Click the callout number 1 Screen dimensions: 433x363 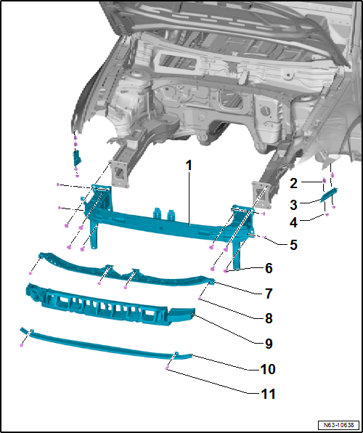pyautogui.click(x=188, y=166)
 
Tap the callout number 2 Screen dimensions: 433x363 pyautogui.click(x=293, y=182)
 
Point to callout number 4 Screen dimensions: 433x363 pyautogui.click(x=293, y=223)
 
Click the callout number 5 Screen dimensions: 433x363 pyautogui.click(x=293, y=246)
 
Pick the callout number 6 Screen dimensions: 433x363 pyautogui.click(x=269, y=268)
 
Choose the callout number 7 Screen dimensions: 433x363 pyautogui.click(x=269, y=294)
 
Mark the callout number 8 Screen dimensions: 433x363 pyautogui.click(x=269, y=317)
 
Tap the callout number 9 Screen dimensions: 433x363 pyautogui.click(x=269, y=343)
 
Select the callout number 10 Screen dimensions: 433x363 pyautogui.click(x=268, y=369)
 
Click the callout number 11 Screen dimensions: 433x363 pyautogui.click(x=268, y=394)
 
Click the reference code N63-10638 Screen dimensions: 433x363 pyautogui.click(x=338, y=424)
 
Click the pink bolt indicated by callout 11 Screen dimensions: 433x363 pyautogui.click(x=168, y=369)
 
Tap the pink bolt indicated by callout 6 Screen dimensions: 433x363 pyautogui.click(x=227, y=270)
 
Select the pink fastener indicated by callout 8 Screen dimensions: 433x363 pyautogui.click(x=200, y=298)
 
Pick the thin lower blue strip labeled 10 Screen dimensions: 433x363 pyautogui.click(x=109, y=344)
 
